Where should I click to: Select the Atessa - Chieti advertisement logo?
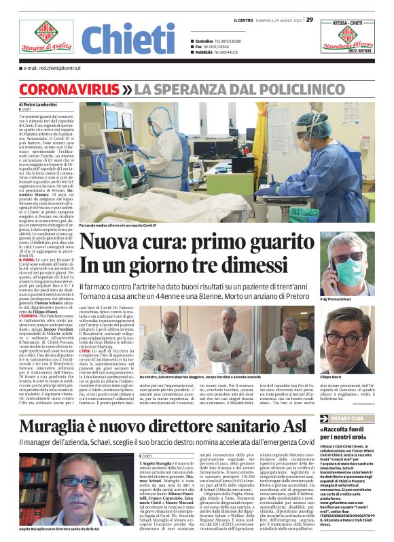(x=347, y=38)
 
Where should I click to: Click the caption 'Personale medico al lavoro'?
(x=127, y=225)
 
